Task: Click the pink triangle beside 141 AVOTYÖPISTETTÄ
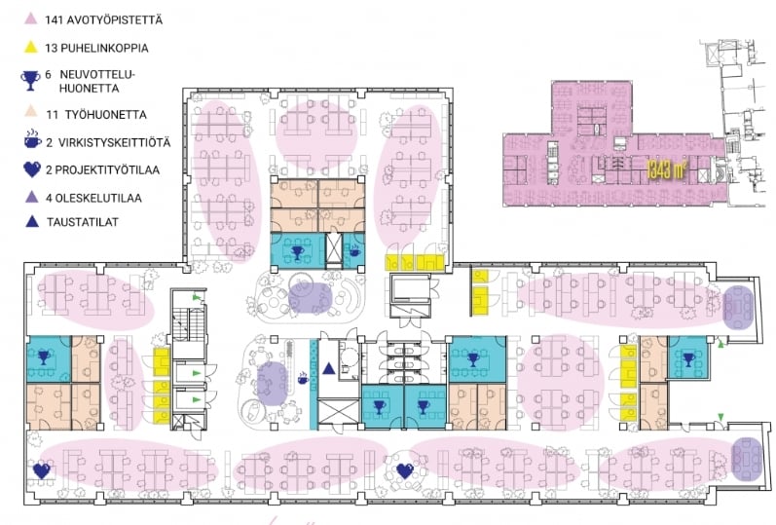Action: pyautogui.click(x=31, y=19)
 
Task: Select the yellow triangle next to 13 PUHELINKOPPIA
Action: pyautogui.click(x=31, y=47)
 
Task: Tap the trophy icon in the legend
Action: pyautogui.click(x=30, y=81)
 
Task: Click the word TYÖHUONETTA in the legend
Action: pyautogui.click(x=105, y=115)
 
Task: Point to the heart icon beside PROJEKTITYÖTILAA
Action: pyautogui.click(x=32, y=169)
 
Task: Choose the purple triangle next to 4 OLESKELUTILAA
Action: pyautogui.click(x=31, y=197)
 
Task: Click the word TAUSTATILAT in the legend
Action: pyautogui.click(x=83, y=222)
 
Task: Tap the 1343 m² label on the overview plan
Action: pyautogui.click(x=667, y=169)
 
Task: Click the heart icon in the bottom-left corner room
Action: pyautogui.click(x=42, y=470)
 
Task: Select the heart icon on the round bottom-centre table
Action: pyautogui.click(x=405, y=470)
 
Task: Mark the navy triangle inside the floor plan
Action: pyautogui.click(x=329, y=368)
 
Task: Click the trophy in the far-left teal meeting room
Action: pyautogui.click(x=44, y=356)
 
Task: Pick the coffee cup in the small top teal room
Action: pyautogui.click(x=353, y=251)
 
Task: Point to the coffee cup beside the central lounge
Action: pyautogui.click(x=302, y=379)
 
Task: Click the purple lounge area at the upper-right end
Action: pyautogui.click(x=738, y=307)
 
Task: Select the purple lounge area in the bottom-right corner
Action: pyautogui.click(x=748, y=458)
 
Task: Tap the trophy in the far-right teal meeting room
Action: pyautogui.click(x=688, y=359)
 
